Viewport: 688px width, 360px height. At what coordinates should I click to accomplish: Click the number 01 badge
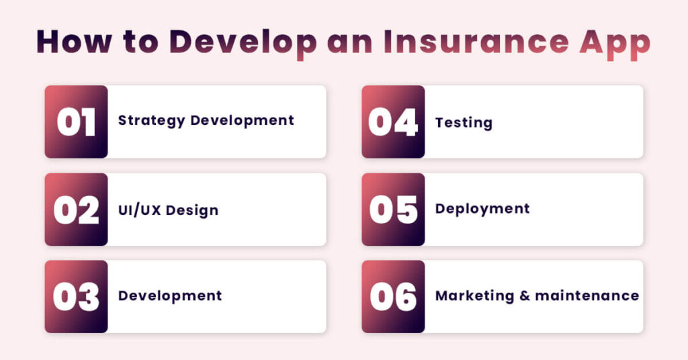(76, 122)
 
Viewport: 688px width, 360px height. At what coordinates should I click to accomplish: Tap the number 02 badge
(76, 210)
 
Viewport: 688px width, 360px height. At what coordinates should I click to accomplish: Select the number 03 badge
(76, 297)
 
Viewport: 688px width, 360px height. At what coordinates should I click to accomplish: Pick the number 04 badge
(393, 122)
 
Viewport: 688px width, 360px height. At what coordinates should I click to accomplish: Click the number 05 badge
(393, 210)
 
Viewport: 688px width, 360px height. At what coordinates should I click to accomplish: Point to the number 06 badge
(393, 297)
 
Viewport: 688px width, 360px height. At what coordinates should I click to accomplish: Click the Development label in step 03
(170, 296)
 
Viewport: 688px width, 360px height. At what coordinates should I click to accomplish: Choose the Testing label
(464, 123)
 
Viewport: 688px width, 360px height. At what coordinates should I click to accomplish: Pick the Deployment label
(482, 209)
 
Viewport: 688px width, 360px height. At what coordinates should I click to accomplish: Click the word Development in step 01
(243, 121)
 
